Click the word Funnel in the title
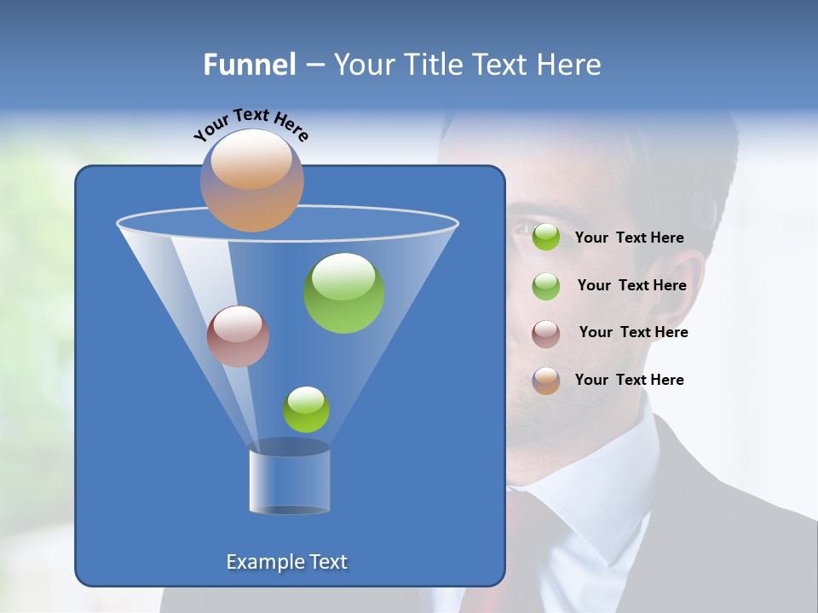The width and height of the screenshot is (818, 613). tap(249, 64)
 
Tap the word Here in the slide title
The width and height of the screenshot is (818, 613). tap(570, 64)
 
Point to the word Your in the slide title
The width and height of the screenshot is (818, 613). tap(363, 64)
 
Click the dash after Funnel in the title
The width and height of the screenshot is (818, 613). tap(314, 65)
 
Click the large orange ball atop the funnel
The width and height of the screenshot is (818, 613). tap(252, 180)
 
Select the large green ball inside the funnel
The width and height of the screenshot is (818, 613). tap(344, 293)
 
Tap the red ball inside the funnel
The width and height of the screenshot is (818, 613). tap(238, 336)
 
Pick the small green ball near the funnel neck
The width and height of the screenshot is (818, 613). tap(306, 410)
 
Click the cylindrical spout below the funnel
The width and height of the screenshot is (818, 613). tap(289, 481)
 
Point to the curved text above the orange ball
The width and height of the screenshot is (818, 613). tap(251, 124)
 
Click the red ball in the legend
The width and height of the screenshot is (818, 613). tap(546, 334)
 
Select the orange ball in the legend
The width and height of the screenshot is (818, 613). tap(546, 381)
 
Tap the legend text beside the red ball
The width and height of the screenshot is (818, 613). tap(633, 332)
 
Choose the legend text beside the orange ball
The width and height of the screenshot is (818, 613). tap(629, 380)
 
